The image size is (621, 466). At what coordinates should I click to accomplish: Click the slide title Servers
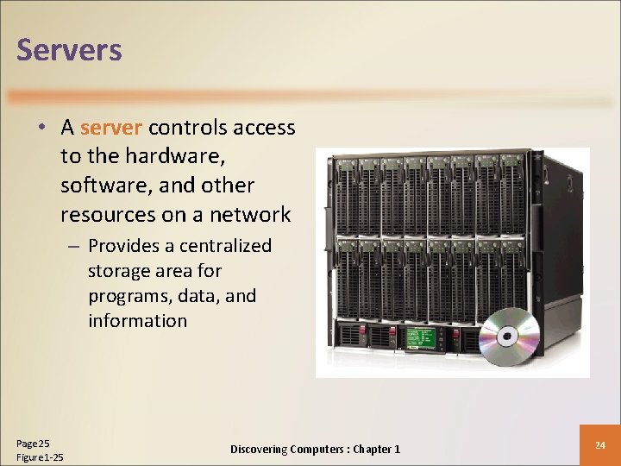pos(69,50)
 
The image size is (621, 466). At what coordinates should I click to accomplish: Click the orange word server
pos(111,129)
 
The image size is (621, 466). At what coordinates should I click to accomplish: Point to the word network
pos(249,214)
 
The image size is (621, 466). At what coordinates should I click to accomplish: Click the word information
pos(137,321)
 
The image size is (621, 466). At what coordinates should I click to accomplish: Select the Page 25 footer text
pos(33,442)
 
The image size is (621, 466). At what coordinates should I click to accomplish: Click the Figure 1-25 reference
pos(40,457)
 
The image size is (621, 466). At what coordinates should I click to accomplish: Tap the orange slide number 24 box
pos(600,445)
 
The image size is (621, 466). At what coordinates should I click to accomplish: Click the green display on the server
pos(426,338)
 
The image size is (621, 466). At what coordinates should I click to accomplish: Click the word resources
pos(103,214)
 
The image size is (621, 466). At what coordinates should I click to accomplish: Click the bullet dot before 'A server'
pos(41,129)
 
